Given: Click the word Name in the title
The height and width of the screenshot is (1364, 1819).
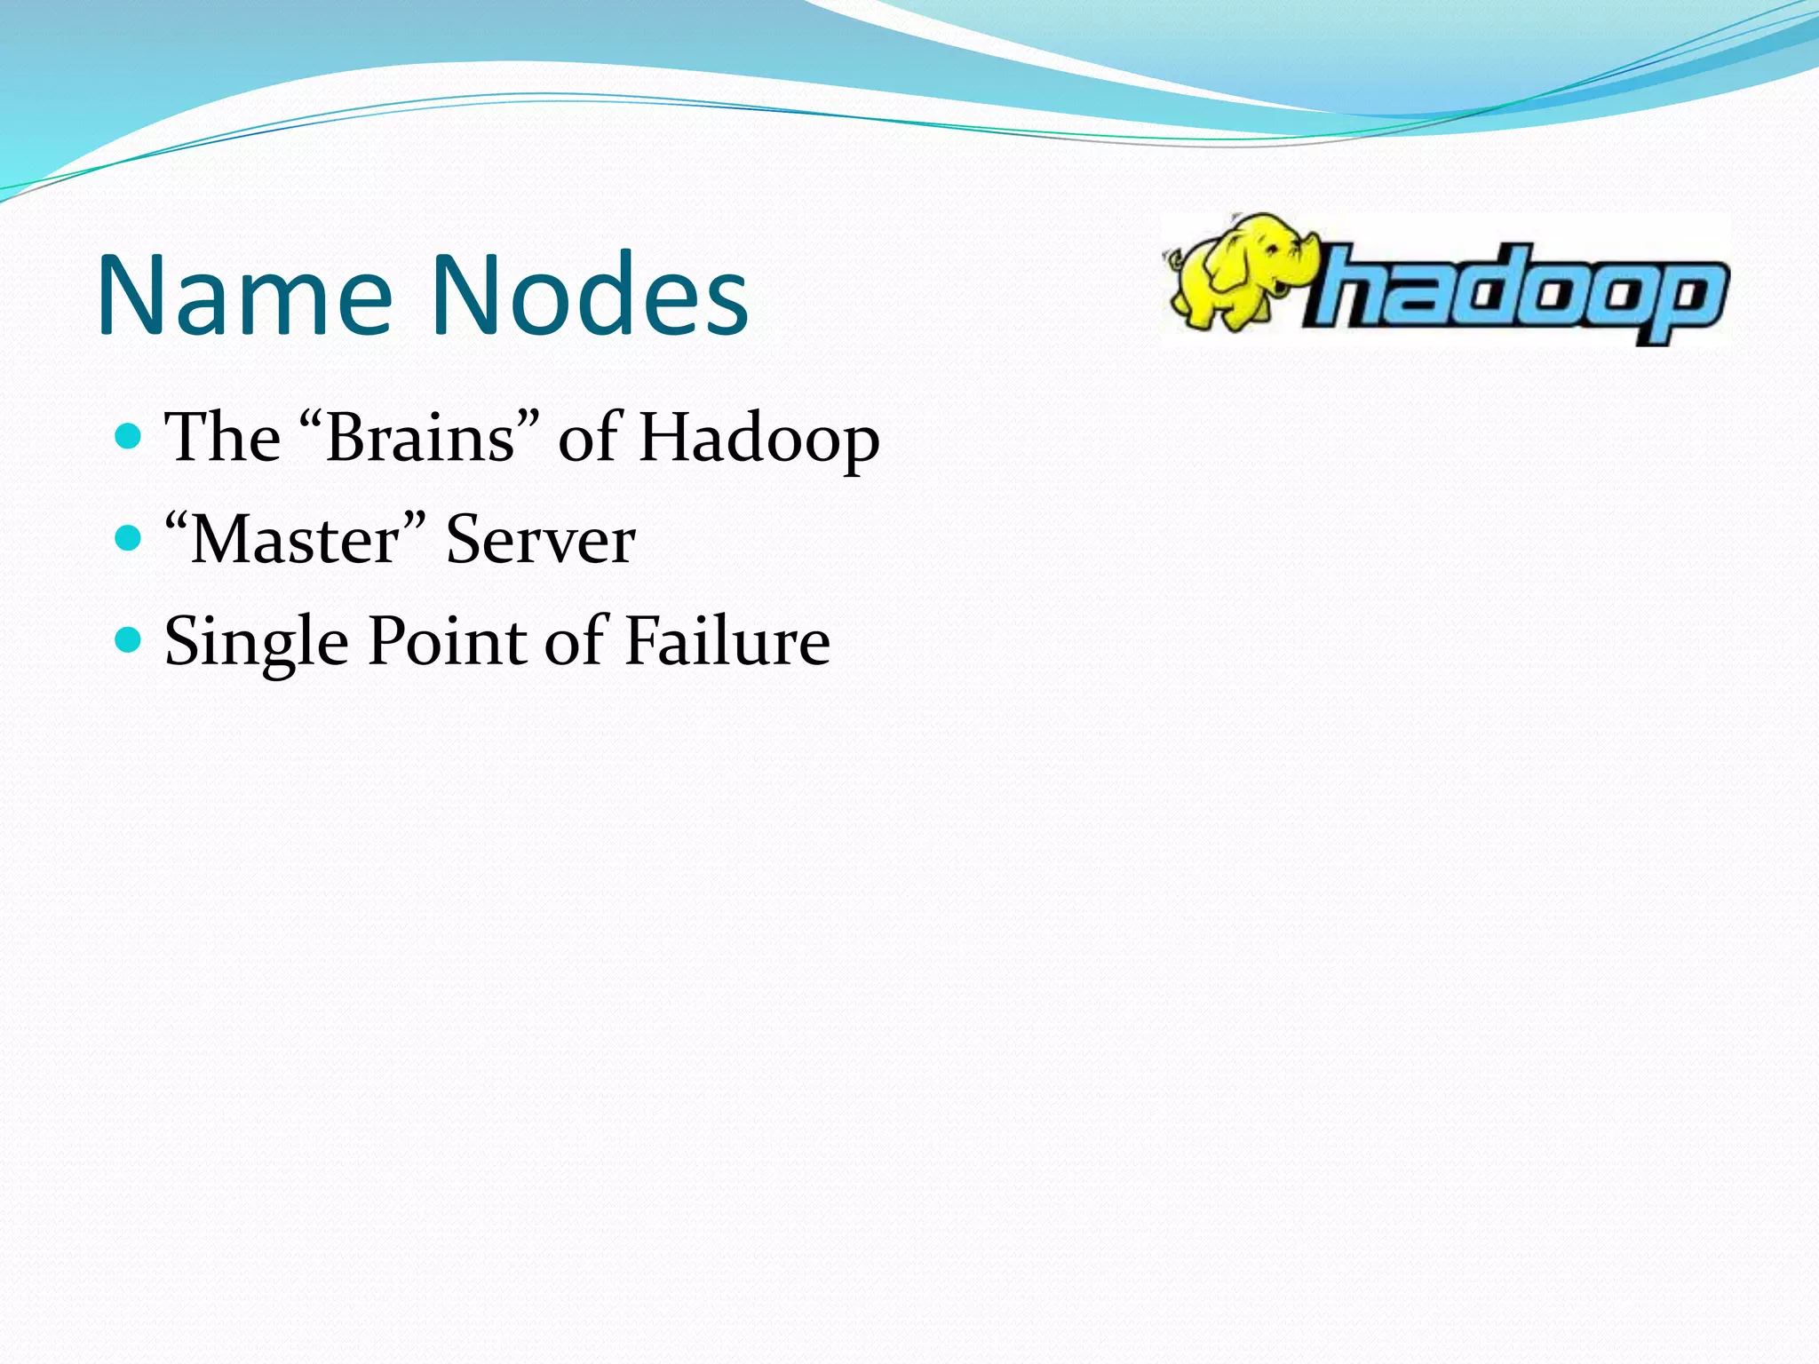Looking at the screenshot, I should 244,296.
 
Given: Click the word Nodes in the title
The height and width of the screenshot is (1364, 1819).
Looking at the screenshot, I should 590,296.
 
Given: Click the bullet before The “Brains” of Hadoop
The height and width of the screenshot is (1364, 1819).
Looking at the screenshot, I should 129,436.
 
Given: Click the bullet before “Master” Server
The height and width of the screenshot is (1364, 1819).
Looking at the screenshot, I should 129,537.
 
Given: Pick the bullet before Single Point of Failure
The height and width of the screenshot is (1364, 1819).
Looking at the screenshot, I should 129,638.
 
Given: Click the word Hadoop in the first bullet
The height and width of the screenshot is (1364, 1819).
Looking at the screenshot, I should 759,439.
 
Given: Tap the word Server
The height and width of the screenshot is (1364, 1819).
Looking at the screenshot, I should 540,539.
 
